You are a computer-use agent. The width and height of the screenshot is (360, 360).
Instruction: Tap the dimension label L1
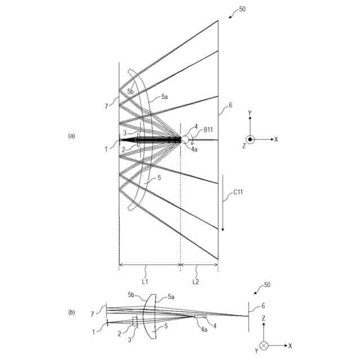pos(145,280)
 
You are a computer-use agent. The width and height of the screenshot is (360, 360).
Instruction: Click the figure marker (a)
pos(71,136)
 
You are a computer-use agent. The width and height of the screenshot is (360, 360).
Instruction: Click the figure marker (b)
pos(71,312)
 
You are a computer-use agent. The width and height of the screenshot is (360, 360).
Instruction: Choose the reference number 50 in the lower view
pos(267,285)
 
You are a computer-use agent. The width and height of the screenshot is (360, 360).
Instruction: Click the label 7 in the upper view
pos(106,105)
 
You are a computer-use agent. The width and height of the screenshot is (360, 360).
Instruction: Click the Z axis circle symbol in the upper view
pos(251,139)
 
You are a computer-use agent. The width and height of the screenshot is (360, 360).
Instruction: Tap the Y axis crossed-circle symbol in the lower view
pos(264,344)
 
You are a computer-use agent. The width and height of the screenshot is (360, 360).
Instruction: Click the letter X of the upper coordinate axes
pos(276,139)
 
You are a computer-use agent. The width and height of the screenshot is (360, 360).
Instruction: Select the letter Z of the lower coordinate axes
pos(264,318)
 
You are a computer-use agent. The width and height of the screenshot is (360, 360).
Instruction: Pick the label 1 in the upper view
pos(106,148)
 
